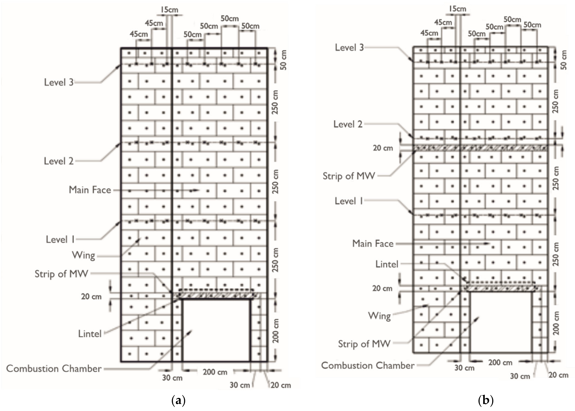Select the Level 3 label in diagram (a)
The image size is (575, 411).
(x=59, y=82)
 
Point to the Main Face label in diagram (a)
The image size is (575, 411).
(x=90, y=190)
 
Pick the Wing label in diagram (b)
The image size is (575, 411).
(x=379, y=316)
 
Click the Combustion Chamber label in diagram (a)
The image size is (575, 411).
(x=54, y=368)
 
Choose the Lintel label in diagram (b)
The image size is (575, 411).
(x=387, y=264)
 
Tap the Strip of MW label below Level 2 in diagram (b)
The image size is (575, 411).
(x=349, y=176)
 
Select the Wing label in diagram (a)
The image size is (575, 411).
(x=83, y=255)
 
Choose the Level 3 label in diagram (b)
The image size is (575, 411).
(x=349, y=47)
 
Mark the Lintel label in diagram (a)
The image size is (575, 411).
(x=90, y=334)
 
